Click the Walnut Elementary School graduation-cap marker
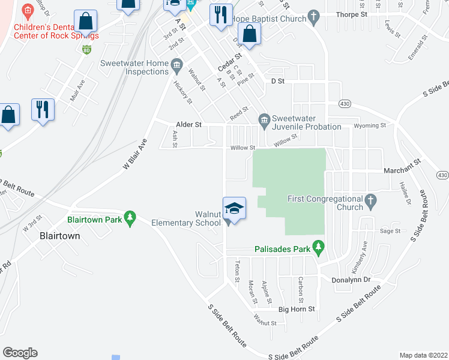tap(235, 208)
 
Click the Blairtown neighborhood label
tap(59, 236)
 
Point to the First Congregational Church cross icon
tap(371, 199)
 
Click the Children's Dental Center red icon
tap(26, 11)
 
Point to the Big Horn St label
tap(297, 309)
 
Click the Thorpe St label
tap(351, 14)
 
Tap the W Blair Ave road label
tap(134, 155)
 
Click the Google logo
tap(20, 353)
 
